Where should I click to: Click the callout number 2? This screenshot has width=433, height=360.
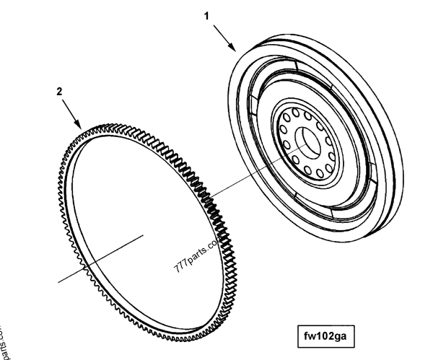point(59,92)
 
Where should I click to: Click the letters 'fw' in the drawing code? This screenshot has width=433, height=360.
point(312,335)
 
